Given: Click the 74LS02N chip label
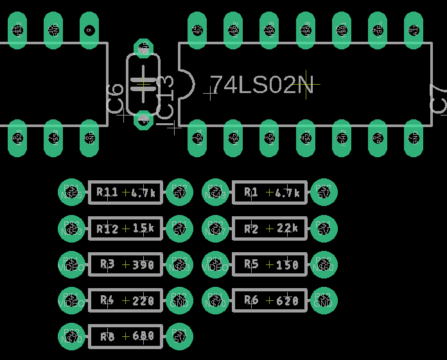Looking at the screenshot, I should [262, 85].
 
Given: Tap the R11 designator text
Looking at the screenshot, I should [107, 192].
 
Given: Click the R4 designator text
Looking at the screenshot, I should [107, 300].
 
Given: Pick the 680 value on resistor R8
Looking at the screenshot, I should [143, 336].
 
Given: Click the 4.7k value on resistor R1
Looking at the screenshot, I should [288, 192].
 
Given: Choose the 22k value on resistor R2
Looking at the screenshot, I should [287, 228].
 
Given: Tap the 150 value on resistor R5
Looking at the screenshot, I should [287, 264].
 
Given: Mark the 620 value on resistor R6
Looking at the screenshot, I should [287, 300].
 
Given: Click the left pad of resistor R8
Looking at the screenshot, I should [71, 336].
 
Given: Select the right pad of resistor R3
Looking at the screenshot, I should [179, 264].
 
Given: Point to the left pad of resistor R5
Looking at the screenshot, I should [215, 264].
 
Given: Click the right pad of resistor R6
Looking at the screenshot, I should [324, 300].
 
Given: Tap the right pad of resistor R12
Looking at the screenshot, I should [179, 228].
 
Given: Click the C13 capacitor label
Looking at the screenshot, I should [165, 96].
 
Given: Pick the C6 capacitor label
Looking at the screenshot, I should [116, 101].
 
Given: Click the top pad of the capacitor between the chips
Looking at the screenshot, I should [143, 48].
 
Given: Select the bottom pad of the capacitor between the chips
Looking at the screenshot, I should [143, 119].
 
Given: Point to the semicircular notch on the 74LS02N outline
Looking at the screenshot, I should [188, 85].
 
